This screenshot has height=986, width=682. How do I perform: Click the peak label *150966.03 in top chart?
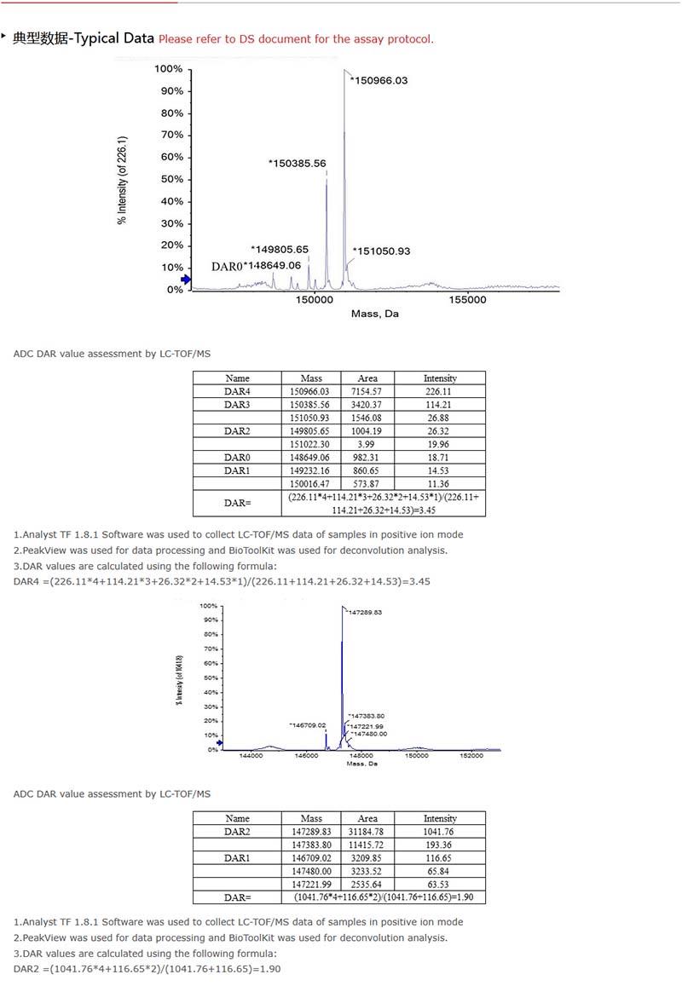tap(379, 81)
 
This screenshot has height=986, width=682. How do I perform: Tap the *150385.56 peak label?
tap(298, 163)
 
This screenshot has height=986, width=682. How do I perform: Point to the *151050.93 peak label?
tap(382, 251)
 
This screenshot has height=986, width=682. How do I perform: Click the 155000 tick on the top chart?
tap(467, 299)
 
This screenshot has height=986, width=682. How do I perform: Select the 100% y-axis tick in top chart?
tap(168, 69)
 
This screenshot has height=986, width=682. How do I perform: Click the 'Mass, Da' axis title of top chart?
tap(374, 314)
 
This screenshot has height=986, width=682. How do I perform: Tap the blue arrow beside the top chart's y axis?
tap(186, 280)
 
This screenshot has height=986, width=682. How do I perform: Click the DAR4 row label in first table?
tap(237, 391)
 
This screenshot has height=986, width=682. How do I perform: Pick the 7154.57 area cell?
tap(368, 391)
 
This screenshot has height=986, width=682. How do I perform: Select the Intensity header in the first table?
tap(440, 378)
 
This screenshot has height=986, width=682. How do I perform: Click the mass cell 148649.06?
tap(311, 457)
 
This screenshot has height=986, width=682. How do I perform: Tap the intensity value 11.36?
tap(440, 483)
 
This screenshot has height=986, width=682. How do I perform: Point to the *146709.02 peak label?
tap(308, 724)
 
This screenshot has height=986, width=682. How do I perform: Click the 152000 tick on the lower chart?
tap(471, 755)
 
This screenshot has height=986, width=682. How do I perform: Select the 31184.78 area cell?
tap(367, 831)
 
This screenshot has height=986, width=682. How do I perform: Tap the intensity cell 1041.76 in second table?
tap(440, 831)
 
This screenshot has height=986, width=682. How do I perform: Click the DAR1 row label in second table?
tap(237, 857)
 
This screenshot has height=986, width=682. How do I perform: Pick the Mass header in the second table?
tap(311, 818)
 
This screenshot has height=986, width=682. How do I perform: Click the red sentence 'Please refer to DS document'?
tap(296, 39)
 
